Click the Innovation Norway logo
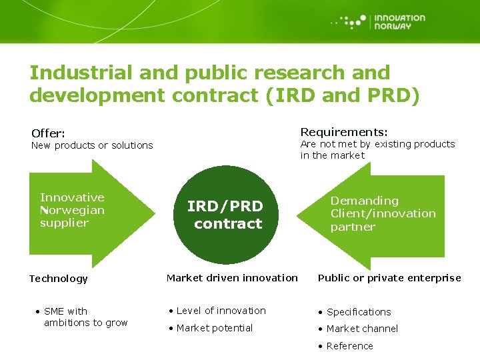(379, 22)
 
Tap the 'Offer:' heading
(47, 133)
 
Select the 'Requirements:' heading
(344, 131)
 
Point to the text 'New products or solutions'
(92, 145)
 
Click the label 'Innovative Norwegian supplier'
(72, 210)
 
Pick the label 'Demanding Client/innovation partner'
(383, 213)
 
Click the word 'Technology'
(58, 279)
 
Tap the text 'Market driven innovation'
(232, 277)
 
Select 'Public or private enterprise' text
(389, 278)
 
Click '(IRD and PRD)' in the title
(343, 95)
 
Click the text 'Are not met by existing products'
(377, 144)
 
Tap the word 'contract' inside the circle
(228, 223)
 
